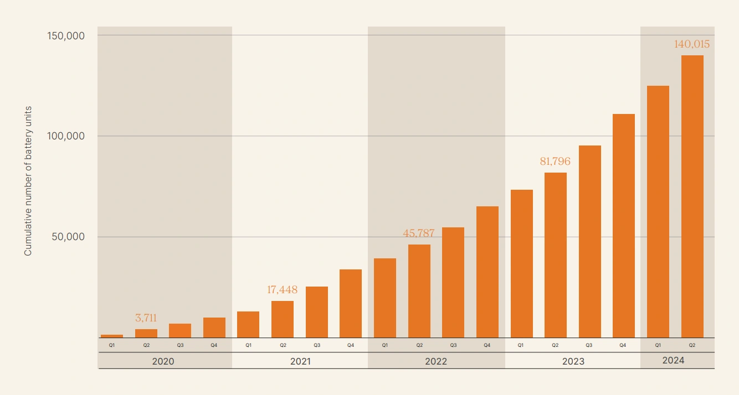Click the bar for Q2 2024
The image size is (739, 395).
tap(692, 196)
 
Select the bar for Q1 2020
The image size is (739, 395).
tap(112, 336)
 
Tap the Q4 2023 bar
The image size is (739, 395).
tap(624, 226)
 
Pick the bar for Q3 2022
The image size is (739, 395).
tap(453, 282)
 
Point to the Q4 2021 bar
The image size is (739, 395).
tap(351, 303)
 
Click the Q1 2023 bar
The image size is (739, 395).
tap(521, 263)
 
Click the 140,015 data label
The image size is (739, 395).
tap(692, 44)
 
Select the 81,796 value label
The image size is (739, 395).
tap(555, 162)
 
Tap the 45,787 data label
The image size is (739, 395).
tap(419, 233)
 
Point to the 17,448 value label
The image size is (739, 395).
tap(283, 290)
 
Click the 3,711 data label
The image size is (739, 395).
tap(146, 318)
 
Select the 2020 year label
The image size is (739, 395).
tap(163, 361)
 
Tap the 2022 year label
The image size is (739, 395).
tap(436, 361)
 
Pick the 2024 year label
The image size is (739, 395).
tap(674, 360)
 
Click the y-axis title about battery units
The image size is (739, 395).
tap(28, 181)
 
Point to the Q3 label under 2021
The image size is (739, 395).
tap(317, 345)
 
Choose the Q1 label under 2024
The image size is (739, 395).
tap(658, 345)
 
